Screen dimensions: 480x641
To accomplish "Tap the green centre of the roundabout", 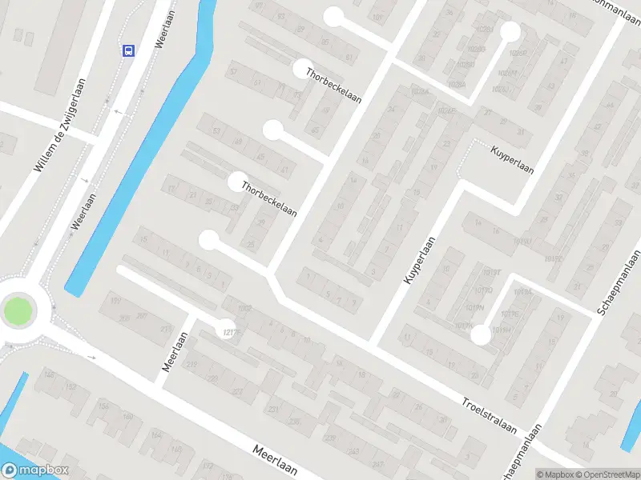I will pyautogui.click(x=18, y=311).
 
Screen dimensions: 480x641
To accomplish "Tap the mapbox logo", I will pyautogui.click(x=35, y=470).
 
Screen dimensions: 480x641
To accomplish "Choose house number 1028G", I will pyautogui.click(x=476, y=49).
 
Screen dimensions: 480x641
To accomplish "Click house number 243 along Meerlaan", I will pyautogui.click(x=355, y=453).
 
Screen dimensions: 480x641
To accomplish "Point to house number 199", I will pyautogui.click(x=115, y=301).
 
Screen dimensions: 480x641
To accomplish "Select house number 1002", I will pyautogui.click(x=244, y=308).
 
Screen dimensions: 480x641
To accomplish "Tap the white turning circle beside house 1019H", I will pyautogui.click(x=480, y=335).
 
